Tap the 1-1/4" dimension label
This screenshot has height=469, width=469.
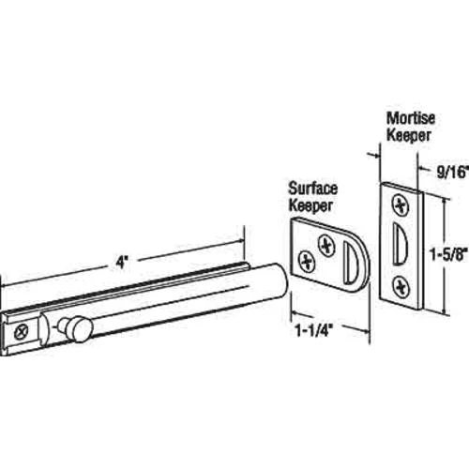(x=313, y=331)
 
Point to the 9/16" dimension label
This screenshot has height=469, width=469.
(x=453, y=172)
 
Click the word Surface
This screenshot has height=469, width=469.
(x=313, y=189)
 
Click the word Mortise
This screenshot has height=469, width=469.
(x=411, y=118)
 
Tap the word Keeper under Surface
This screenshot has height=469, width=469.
(x=310, y=205)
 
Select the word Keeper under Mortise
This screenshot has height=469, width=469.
(x=409, y=135)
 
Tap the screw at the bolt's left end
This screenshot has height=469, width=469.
(x=22, y=332)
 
